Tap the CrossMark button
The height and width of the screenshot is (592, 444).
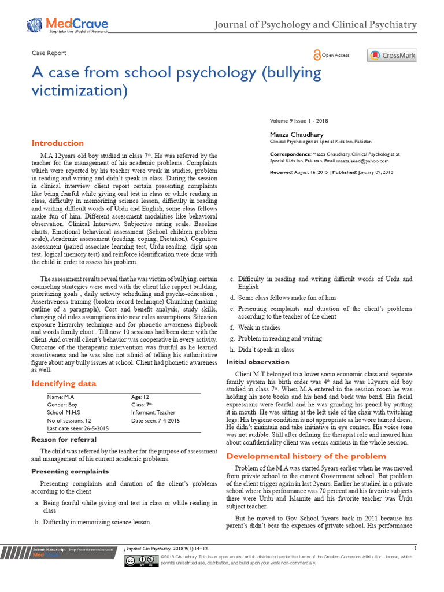coord(391,55)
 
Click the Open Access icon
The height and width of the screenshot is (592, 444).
coord(317,55)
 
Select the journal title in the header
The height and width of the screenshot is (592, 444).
coord(315,24)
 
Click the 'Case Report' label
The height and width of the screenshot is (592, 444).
coord(49,53)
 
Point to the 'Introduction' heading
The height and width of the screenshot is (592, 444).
coord(57,143)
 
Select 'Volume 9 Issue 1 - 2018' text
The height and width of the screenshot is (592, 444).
coord(299,120)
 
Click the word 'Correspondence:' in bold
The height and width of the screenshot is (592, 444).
coord(290,154)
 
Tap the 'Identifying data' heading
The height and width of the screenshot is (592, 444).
coord(64,383)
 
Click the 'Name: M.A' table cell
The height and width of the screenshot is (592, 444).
coord(61,397)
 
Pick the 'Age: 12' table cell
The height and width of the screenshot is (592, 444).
coord(140,397)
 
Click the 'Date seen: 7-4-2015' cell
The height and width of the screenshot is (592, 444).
coord(156,421)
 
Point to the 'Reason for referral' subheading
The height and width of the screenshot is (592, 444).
coord(64,440)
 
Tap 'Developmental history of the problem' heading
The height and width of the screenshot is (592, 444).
coord(298,456)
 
